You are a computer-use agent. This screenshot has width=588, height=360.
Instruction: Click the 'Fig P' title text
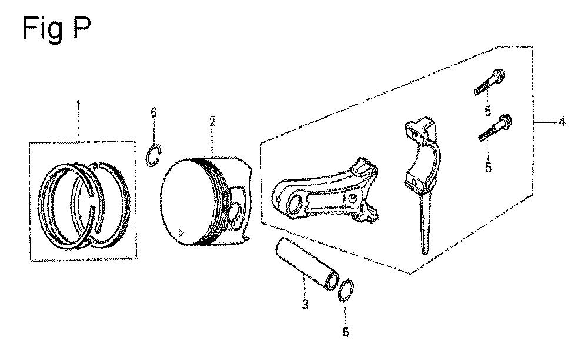coord(56,28)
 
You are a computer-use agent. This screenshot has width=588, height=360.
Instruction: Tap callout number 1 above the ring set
coord(78,105)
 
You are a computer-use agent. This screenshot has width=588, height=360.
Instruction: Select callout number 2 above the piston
coord(212,122)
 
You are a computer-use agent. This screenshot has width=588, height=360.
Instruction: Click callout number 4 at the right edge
coord(562,122)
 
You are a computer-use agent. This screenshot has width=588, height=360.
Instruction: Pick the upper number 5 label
coord(487,111)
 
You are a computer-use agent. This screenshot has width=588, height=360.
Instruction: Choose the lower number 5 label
coord(488,166)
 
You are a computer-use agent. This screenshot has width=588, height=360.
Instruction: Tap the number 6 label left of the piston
coord(153,112)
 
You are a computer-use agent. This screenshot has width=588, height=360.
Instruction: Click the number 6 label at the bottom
coord(345,332)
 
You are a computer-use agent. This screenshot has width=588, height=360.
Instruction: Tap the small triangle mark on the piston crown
coord(181,233)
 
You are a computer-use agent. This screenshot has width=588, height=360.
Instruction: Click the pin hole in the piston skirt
coord(236,212)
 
